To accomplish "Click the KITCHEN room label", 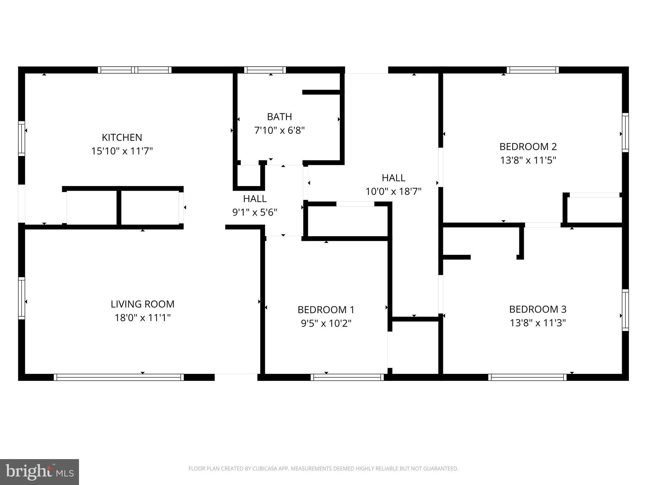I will pos(122,137).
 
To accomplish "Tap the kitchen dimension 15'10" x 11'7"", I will pos(122,151).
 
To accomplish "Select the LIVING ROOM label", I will pos(142,304).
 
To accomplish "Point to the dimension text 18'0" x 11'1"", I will pos(142,318).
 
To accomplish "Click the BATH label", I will pos(279,117).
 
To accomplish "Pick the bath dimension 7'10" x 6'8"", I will pos(279,130).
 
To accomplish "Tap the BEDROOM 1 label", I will pos(326,310).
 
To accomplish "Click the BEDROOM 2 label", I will pos(528,147).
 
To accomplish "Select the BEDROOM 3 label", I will pos(538,309).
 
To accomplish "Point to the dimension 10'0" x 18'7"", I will pos(393,192).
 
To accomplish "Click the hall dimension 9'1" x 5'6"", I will pos(255,213).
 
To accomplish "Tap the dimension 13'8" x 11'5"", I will pos(528,160).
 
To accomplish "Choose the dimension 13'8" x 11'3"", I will pos(538,323).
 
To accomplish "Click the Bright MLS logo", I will pos(39,472).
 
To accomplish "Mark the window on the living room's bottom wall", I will pos(118,377).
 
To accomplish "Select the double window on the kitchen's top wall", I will pos(135,70).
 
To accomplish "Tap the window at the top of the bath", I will pos(265,70).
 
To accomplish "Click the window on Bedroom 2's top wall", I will pos(533,70).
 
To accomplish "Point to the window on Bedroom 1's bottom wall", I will pos(347,377).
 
